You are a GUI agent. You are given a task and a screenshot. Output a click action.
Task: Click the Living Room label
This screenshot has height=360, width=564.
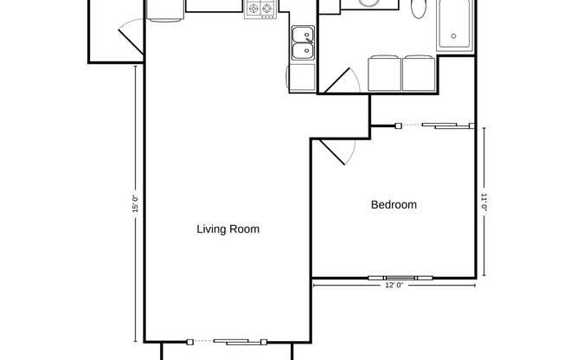tap(228, 229)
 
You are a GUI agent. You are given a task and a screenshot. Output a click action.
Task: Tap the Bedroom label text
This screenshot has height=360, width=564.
tap(394, 205)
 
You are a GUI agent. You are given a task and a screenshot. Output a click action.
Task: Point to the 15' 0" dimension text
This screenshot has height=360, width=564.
tap(136, 205)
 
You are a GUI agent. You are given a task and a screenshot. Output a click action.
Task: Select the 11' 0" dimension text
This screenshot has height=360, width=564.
tap(484, 202)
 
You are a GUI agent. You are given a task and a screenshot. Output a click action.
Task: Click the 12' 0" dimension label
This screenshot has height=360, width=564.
tap(394, 286)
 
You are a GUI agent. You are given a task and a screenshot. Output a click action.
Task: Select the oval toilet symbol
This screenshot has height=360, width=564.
tap(420, 8)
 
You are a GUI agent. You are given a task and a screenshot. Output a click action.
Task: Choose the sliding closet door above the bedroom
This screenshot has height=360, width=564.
tap(434, 126)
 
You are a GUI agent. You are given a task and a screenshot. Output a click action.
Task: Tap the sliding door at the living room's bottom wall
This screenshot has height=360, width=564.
tap(229, 340)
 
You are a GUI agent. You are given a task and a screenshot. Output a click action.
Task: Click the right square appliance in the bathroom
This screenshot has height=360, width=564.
tap(419, 73)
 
